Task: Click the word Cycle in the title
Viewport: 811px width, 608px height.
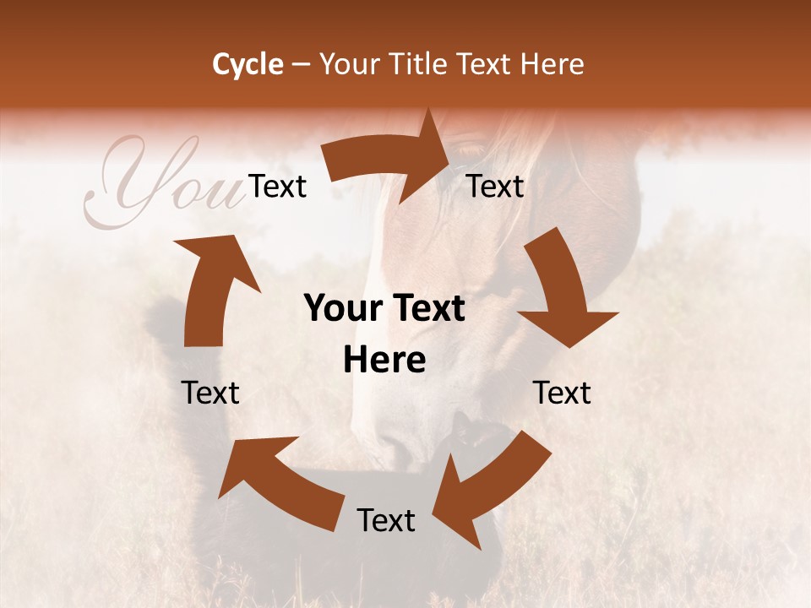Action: (x=248, y=64)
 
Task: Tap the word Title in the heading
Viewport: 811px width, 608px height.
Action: (x=421, y=64)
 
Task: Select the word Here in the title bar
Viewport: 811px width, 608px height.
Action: (x=553, y=64)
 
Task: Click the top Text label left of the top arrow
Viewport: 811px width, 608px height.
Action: (x=278, y=186)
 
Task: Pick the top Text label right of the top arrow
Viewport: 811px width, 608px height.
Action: (x=496, y=186)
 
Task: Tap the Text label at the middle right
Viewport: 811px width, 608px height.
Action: (x=562, y=393)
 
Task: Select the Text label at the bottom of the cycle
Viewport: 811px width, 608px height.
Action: (x=386, y=520)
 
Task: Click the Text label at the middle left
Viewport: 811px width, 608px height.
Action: (x=210, y=393)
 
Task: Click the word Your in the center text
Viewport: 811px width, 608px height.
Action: (x=342, y=309)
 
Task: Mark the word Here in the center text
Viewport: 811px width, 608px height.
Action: (x=384, y=361)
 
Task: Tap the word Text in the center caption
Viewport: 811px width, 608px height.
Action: (x=426, y=309)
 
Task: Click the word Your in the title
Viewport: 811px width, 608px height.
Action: (x=349, y=64)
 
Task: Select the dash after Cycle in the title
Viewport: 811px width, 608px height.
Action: (x=300, y=64)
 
